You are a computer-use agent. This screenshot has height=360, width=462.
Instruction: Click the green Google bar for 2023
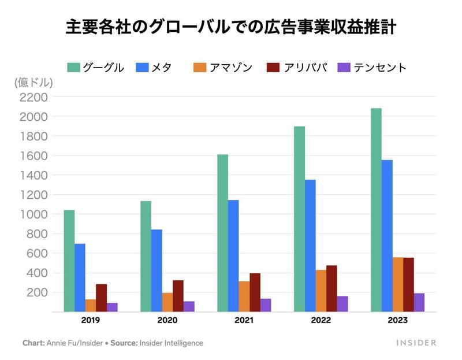376,210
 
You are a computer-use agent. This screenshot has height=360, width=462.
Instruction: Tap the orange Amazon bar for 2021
244,296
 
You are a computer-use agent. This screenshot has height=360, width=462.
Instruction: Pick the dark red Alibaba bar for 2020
178,296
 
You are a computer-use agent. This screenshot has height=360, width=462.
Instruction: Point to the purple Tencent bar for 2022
342,304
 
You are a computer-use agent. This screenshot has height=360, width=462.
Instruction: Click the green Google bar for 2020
146,256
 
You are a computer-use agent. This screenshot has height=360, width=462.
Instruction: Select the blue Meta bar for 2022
310,246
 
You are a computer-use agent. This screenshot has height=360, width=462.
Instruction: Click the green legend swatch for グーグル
73,67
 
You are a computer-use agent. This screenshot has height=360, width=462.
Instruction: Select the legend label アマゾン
231,67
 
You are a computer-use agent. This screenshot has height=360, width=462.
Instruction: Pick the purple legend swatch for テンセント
344,67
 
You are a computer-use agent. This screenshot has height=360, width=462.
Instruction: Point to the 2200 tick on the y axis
33,97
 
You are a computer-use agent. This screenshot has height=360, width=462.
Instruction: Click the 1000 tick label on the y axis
33,214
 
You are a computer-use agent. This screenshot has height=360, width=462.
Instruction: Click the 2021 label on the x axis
244,320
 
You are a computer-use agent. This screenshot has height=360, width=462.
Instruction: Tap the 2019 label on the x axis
91,320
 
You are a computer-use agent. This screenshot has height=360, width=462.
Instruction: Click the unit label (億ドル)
33,83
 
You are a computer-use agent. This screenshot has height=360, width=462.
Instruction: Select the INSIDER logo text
416,343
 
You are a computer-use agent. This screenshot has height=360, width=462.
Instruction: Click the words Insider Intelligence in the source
176,343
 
